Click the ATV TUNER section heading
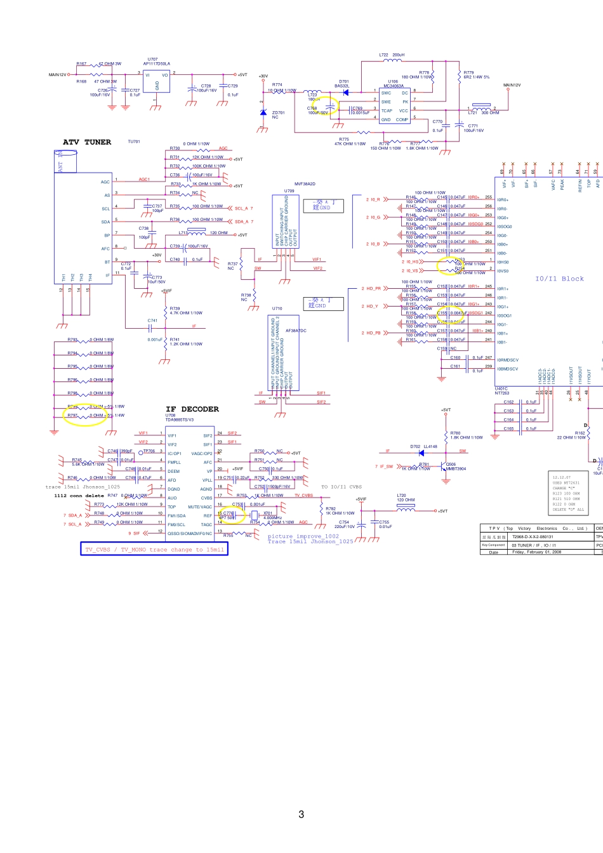(x=87, y=142)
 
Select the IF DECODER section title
(x=192, y=409)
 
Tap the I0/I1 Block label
(x=559, y=279)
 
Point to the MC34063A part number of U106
(x=394, y=86)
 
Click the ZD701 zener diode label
(x=278, y=115)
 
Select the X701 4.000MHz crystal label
(x=268, y=515)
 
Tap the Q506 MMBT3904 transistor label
(x=455, y=466)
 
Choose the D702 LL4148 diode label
(x=423, y=446)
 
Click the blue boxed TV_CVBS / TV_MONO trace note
(x=154, y=549)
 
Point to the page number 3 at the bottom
(x=301, y=814)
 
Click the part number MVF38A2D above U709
(x=305, y=184)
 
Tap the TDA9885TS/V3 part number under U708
(x=180, y=420)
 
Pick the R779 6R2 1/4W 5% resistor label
(x=476, y=75)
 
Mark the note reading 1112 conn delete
(x=79, y=496)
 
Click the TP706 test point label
(x=149, y=451)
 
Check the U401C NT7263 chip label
(x=502, y=391)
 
